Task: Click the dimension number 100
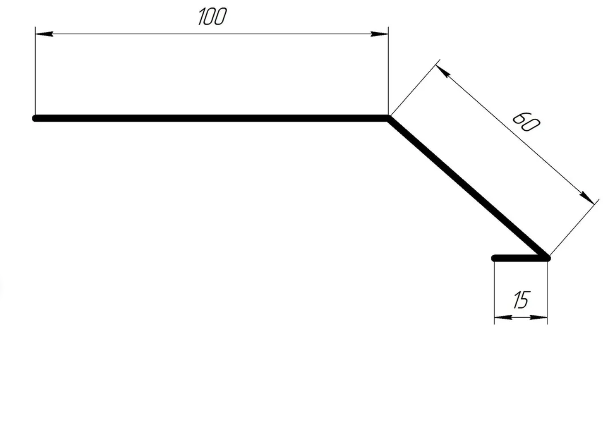212,16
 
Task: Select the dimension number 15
522,300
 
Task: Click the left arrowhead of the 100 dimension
44,34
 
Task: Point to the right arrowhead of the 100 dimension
380,34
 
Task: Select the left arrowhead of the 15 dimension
503,317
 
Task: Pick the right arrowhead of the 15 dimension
539,317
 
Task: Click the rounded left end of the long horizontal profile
35,118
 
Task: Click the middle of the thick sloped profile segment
468,188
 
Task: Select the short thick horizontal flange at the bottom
521,258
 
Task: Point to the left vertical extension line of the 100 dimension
36,71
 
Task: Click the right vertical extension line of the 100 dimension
388,71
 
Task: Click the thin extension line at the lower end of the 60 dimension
575,227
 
